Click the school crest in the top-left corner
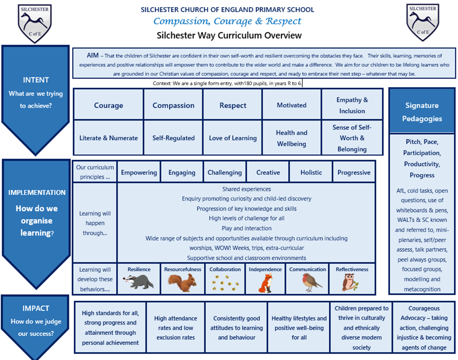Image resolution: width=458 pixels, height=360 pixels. (35, 24)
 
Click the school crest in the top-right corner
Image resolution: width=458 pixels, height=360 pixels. (423, 22)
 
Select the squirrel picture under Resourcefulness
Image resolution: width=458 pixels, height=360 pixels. (182, 283)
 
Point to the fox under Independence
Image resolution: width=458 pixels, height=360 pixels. (266, 283)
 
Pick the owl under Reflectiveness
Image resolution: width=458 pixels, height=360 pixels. (350, 282)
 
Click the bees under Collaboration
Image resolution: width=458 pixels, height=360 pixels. (225, 283)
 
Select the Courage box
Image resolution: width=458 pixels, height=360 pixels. (108, 105)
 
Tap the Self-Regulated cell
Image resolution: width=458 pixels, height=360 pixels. (173, 138)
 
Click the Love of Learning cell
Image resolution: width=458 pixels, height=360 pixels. (233, 138)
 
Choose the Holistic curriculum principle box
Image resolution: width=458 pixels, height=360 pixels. (311, 172)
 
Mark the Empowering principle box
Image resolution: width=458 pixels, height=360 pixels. (139, 172)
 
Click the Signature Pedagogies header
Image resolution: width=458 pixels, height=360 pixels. (422, 111)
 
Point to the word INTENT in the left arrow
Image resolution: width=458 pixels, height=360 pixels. (36, 80)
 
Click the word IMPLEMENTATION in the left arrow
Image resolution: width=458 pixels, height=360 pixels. (37, 193)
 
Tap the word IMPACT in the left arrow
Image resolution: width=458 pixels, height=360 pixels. (36, 308)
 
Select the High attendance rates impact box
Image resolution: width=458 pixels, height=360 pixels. (175, 327)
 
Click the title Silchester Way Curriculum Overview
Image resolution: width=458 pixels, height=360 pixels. (229, 35)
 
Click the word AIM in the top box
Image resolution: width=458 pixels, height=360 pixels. (93, 55)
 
